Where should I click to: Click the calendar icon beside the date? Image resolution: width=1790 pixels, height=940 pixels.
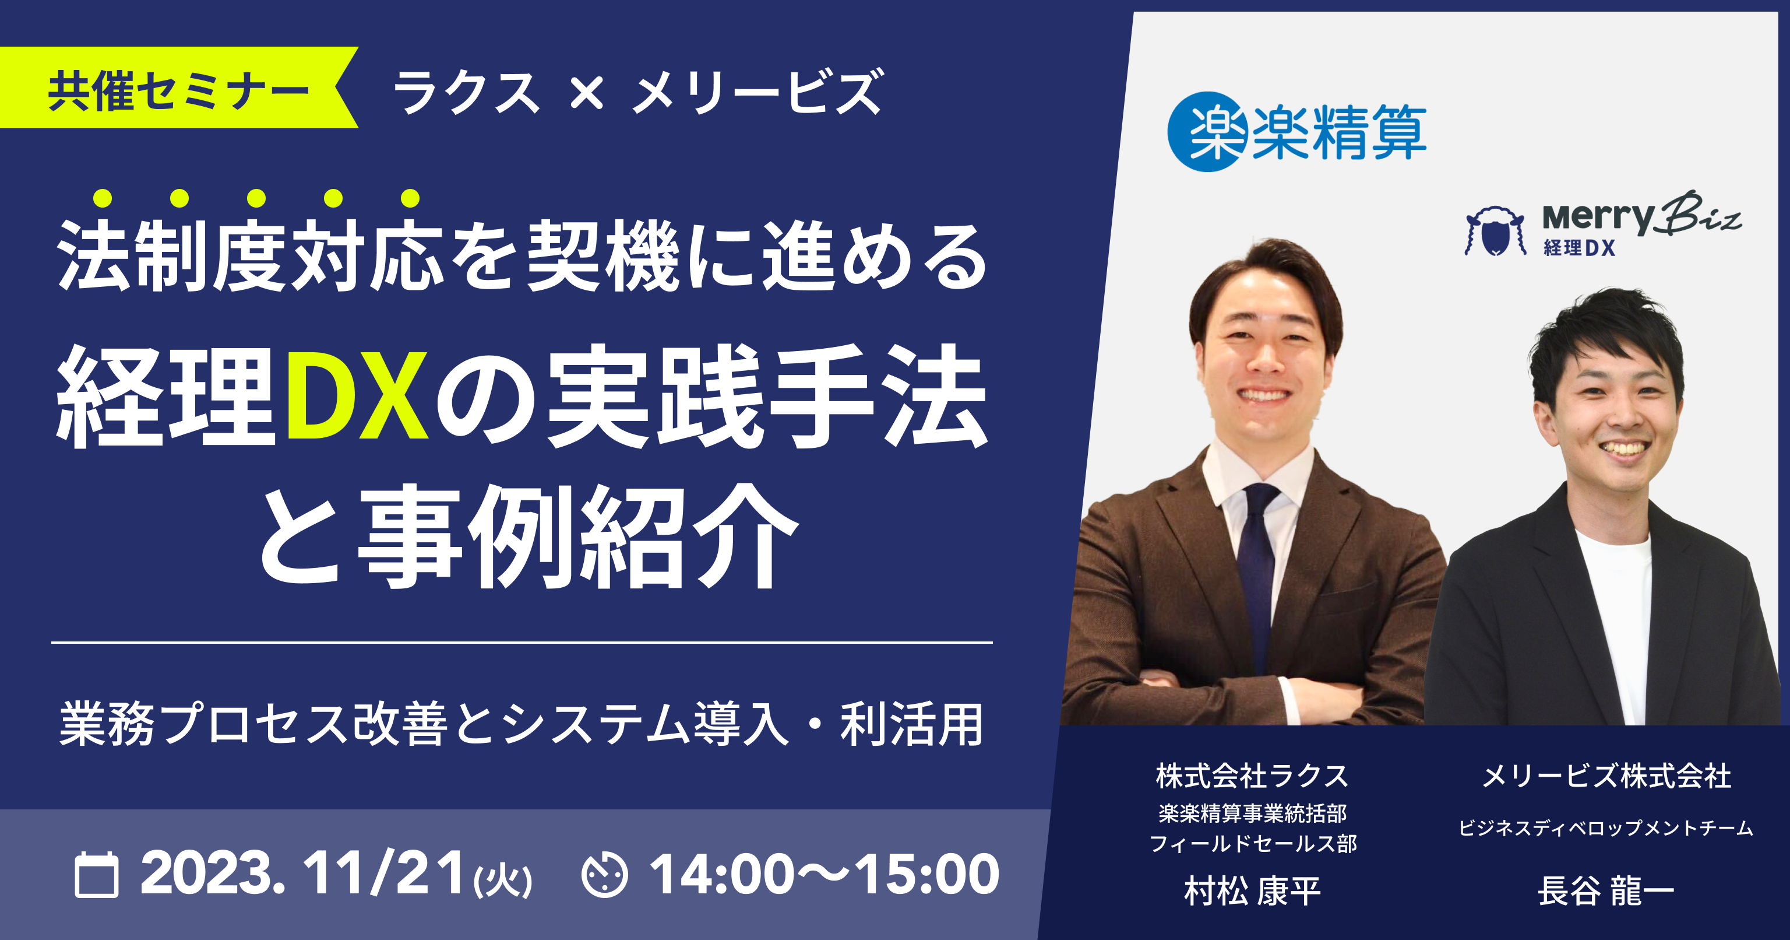point(96,875)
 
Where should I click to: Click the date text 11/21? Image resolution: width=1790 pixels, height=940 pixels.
point(384,874)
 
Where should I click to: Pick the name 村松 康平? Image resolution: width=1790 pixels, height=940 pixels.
point(1252,890)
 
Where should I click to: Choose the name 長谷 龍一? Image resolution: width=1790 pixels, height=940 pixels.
point(1606,890)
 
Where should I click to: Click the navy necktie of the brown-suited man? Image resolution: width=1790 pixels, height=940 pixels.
point(1259,563)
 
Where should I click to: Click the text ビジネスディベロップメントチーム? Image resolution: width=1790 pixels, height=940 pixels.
point(1606,828)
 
